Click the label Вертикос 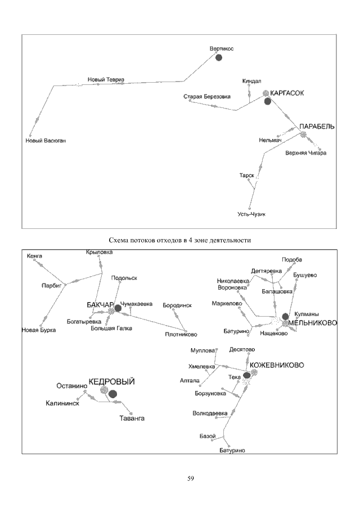coord(221,48)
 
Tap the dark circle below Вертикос coord(219,57)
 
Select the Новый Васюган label coord(46,141)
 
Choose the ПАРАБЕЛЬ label coord(317,127)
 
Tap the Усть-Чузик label coord(251,214)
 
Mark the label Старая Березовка coord(207,97)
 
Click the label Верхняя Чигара coord(305,153)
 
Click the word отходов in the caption coord(164,240)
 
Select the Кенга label coord(34,256)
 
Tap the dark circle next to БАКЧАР coord(118,308)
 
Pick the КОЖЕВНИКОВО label coord(277,365)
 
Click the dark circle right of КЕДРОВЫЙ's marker coord(112,393)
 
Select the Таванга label coord(132,418)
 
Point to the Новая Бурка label coord(39,330)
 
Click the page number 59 coord(191,479)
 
